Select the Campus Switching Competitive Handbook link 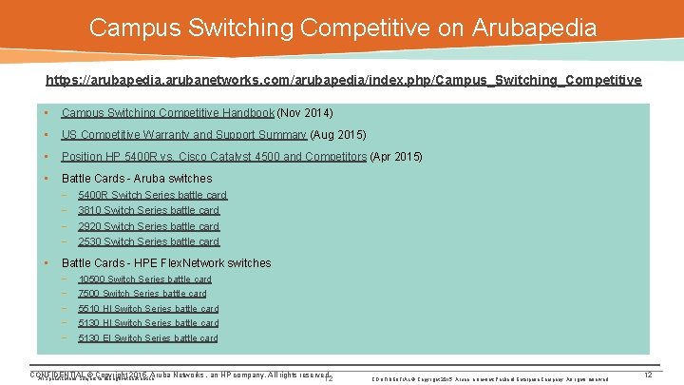[168, 113]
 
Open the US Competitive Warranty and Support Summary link [184, 135]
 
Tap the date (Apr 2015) [396, 157]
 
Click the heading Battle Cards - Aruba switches [137, 179]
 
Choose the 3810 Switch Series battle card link [148, 211]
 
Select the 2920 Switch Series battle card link [148, 226]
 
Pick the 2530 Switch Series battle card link [148, 241]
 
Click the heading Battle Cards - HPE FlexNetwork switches [166, 263]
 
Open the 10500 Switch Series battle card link [144, 279]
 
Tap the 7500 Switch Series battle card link [142, 294]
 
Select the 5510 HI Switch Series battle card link [148, 309]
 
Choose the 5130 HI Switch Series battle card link [148, 323]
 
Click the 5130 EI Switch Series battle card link [147, 338]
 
